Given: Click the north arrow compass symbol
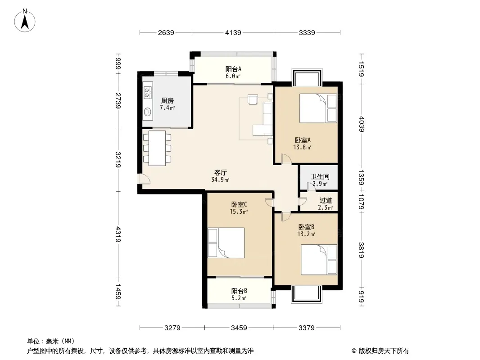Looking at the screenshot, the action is (25, 21).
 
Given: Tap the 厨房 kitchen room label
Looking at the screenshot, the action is (168, 101).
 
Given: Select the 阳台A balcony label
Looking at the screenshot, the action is (233, 69).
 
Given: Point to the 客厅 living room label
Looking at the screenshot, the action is (220, 172).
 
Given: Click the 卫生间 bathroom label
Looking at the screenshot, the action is (320, 176).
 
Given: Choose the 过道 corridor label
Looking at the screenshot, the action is (326, 201).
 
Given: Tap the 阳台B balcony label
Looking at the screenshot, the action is (239, 291).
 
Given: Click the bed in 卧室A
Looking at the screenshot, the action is (318, 108).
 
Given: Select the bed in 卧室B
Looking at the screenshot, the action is (319, 260).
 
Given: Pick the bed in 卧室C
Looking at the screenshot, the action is (226, 243).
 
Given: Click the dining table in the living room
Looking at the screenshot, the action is (157, 148).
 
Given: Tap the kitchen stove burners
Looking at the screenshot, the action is (148, 93).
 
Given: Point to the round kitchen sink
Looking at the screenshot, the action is (148, 112).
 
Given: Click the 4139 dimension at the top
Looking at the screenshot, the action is (233, 32).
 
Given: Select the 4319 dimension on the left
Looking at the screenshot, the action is (118, 234).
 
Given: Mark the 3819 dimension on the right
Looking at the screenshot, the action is (361, 250).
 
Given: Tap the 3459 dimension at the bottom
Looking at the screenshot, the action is (239, 328).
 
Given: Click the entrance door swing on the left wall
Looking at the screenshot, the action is (144, 179).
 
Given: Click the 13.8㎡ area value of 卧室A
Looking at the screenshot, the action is (303, 148).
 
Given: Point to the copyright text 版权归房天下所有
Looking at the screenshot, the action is (384, 351).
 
